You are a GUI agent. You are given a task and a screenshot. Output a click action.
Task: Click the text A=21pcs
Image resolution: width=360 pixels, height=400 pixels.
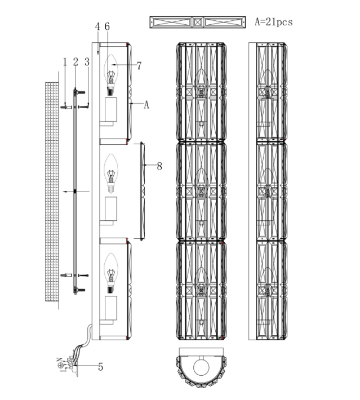pos(273,23)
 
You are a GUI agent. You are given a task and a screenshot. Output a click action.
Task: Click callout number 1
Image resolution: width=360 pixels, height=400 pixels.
pos(65,62)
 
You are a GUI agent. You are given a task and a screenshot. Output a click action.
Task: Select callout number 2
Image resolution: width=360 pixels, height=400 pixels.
pos(75,62)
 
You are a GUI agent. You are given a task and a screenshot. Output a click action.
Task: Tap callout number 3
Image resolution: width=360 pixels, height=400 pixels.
pos(87,62)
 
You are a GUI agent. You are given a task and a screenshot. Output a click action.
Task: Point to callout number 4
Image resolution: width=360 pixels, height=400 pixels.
pos(97,27)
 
